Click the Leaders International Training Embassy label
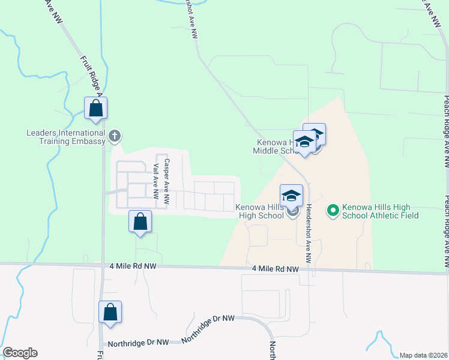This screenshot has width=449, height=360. coord(65,137)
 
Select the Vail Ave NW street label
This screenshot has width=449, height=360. coord(155,182)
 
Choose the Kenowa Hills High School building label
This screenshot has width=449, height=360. coord(259,211)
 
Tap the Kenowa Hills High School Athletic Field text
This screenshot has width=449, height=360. coord(380,211)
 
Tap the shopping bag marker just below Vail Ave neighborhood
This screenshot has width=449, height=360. coord(140,222)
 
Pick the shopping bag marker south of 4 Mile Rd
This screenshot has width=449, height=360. coord(110,312)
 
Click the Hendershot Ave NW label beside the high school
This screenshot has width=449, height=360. coord(308,233)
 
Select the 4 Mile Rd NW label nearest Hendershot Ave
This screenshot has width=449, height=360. coord(275,269)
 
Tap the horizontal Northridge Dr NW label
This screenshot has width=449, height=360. coord(137,343)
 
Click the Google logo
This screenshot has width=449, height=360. coord(20,353)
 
